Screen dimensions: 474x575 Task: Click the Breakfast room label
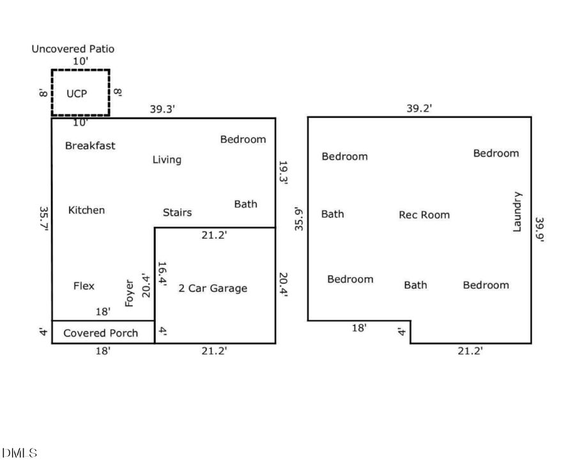[x=90, y=145]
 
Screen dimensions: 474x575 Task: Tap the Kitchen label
[x=86, y=210]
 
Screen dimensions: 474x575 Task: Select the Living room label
[x=166, y=159]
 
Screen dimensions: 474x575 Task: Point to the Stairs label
[x=177, y=212]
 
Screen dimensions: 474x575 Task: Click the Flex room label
[x=84, y=286]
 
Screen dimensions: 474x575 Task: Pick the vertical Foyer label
[x=130, y=293]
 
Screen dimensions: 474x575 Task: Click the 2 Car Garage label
[x=212, y=288]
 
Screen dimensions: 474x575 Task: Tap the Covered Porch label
[x=100, y=333]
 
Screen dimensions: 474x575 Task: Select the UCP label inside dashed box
[x=77, y=93]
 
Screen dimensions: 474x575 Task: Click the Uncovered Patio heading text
[x=73, y=48]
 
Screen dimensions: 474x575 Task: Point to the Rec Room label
[x=424, y=215]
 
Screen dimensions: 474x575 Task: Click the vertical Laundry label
[x=517, y=212]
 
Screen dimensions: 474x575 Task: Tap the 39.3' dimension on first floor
[x=162, y=109]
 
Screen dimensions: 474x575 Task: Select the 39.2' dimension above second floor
[x=419, y=108]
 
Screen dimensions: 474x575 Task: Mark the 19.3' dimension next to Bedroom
[x=284, y=172]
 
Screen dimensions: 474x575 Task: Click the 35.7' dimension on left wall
[x=42, y=218]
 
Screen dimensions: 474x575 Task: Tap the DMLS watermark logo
[x=20, y=453]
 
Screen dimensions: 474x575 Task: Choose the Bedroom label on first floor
[x=243, y=139]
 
